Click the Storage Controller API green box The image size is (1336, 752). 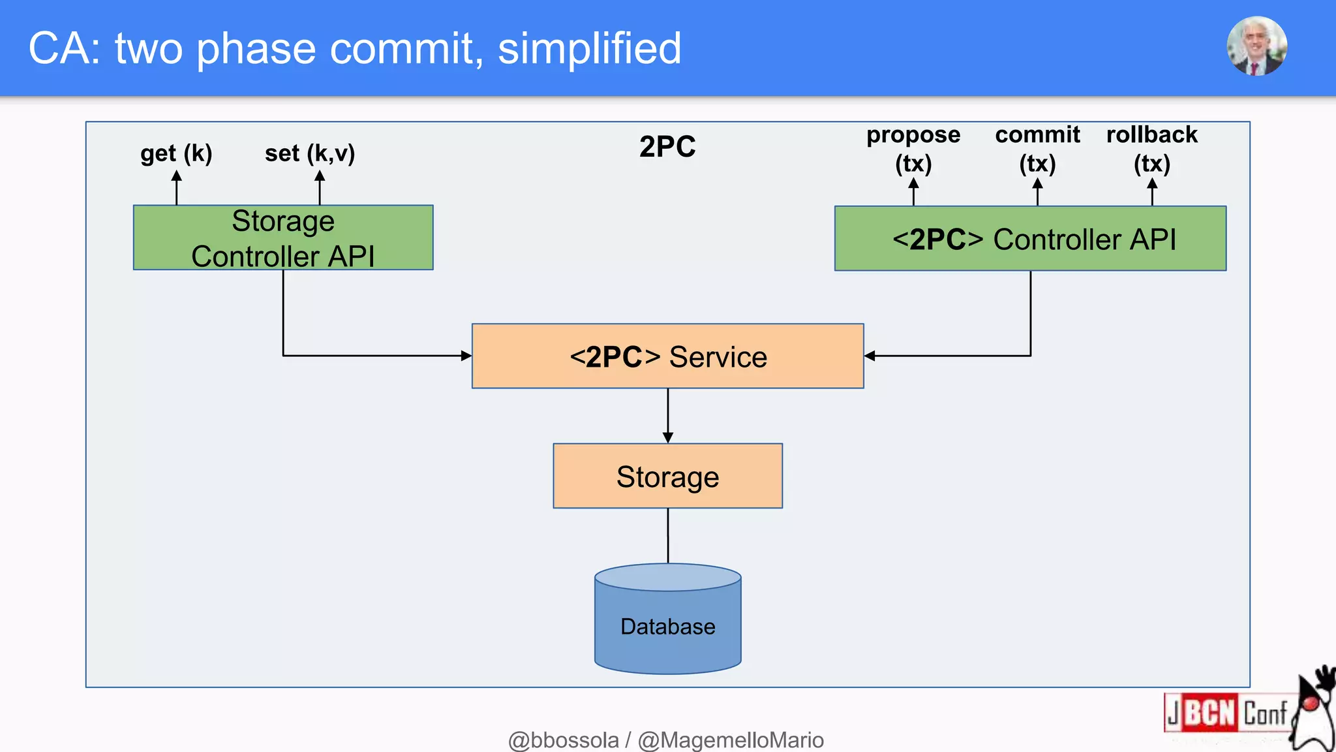[x=282, y=238]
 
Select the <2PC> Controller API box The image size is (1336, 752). [x=1030, y=239]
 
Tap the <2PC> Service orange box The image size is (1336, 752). [x=667, y=356]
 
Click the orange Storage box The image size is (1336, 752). [x=667, y=477]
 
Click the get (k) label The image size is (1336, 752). [x=176, y=153]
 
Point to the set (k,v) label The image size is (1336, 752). [x=310, y=153]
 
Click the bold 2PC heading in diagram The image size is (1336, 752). [x=667, y=146]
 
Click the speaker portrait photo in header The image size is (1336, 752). [x=1256, y=46]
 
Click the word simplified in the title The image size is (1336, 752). [x=589, y=49]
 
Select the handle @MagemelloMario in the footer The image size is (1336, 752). [x=731, y=740]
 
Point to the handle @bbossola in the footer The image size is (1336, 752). [x=563, y=740]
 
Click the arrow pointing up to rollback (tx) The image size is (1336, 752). [x=1152, y=193]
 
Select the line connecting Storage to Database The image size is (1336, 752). [x=667, y=535]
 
